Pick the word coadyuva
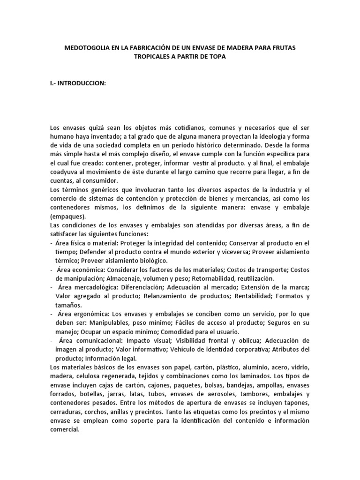tap(64, 172)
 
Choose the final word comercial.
tap(64, 429)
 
